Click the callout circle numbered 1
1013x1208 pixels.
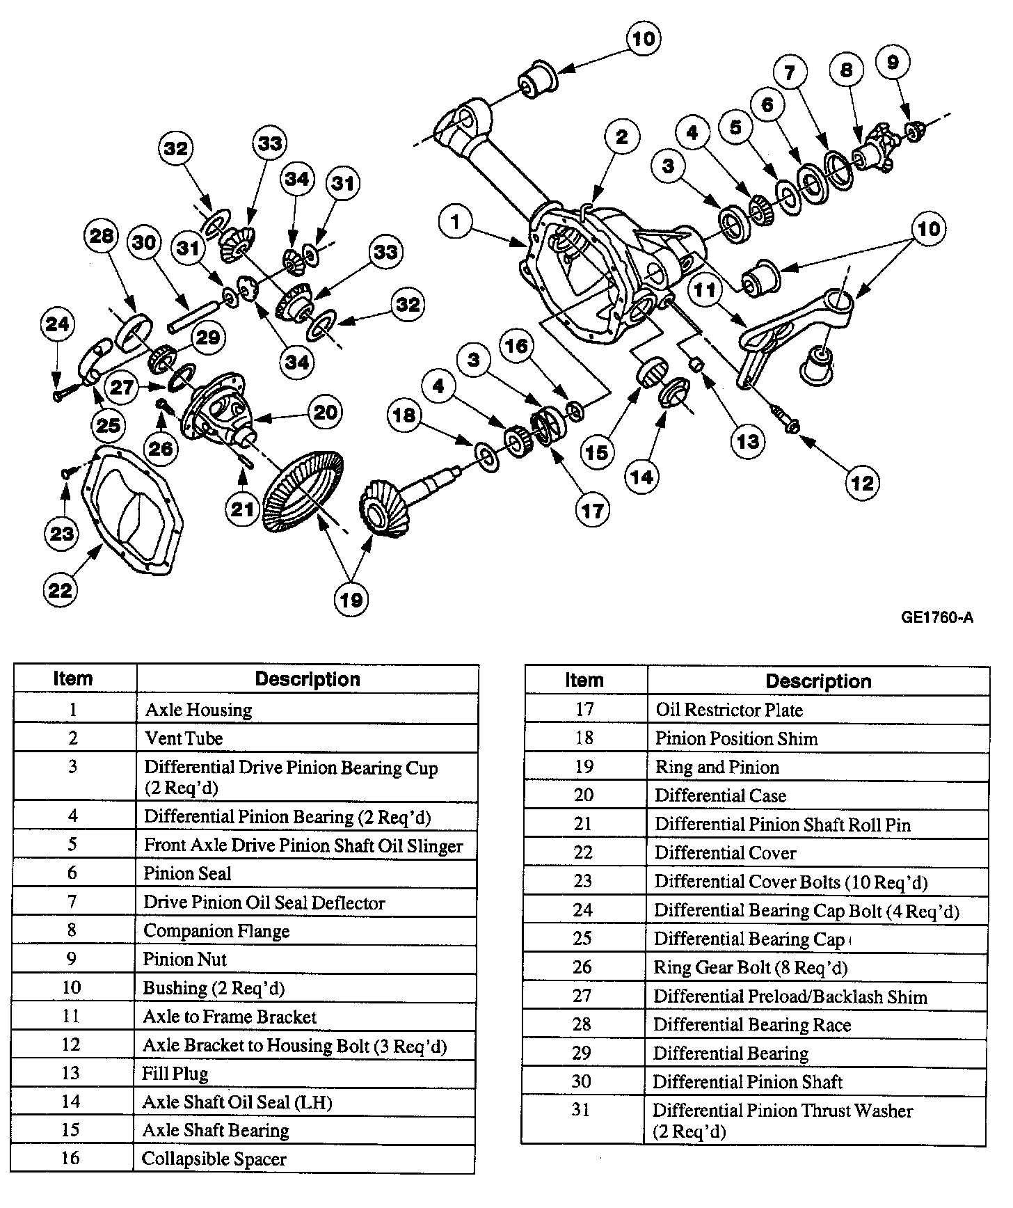tap(456, 222)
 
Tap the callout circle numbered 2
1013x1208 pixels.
tap(621, 137)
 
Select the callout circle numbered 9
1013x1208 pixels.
tap(893, 63)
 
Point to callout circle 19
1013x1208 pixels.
tap(351, 600)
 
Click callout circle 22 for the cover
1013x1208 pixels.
tap(60, 590)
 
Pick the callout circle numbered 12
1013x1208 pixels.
tap(862, 483)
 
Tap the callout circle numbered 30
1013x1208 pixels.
tap(145, 242)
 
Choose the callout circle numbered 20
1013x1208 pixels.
tap(325, 413)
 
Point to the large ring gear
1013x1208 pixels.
tap(305, 492)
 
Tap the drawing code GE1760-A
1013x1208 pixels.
tap(936, 617)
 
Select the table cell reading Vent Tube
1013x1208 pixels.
tap(184, 738)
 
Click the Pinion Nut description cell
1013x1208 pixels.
tap(185, 960)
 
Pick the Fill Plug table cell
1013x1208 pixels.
tap(175, 1074)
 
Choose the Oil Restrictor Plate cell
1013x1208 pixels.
tap(729, 710)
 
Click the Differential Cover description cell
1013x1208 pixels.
tap(725, 853)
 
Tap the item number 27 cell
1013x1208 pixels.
tap(582, 996)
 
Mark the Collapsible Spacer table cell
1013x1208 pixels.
tap(214, 1159)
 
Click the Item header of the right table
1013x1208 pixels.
tap(584, 681)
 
